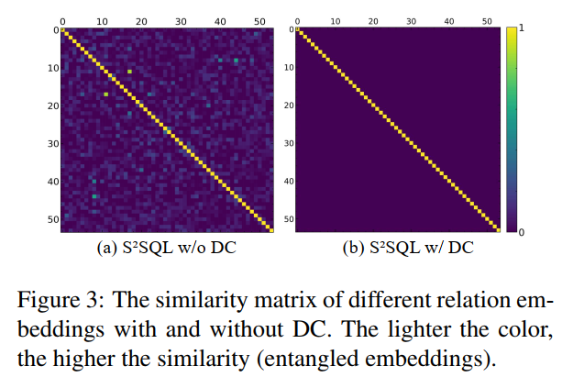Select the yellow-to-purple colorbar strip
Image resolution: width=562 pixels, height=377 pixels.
[x=512, y=130]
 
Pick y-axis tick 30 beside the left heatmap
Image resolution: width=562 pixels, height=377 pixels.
[x=54, y=143]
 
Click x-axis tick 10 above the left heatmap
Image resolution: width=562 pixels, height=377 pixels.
[x=101, y=18]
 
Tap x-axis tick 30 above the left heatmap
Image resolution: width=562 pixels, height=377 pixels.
[x=180, y=18]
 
